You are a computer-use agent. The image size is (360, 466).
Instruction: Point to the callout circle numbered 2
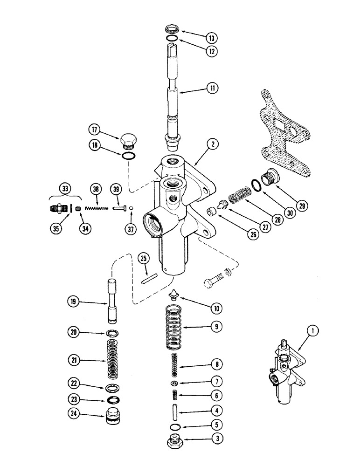point(213,145)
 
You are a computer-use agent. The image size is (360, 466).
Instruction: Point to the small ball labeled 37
point(131,208)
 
